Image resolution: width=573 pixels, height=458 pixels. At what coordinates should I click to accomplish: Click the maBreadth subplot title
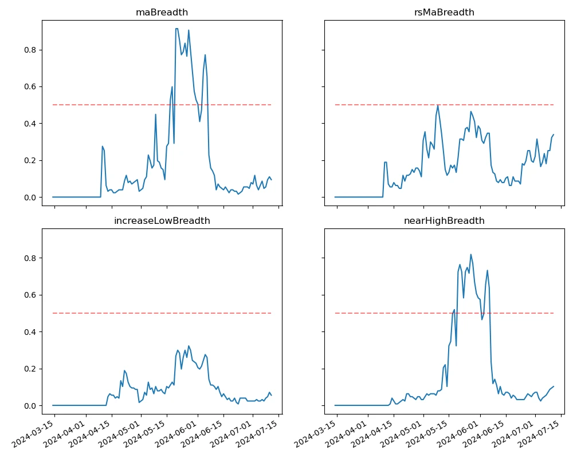tap(162, 12)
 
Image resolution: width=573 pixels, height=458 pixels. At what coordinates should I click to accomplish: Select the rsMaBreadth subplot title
tap(444, 12)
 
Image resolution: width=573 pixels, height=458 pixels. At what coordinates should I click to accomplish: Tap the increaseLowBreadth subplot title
tap(162, 220)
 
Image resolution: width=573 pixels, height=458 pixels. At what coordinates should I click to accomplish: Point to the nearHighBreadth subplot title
tap(444, 220)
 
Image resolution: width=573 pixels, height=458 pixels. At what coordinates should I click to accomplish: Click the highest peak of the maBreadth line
tap(176, 29)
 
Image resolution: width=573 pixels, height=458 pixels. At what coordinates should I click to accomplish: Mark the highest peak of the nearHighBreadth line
tap(471, 255)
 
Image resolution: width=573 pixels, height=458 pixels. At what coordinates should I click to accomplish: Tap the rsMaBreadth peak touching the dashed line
tap(438, 105)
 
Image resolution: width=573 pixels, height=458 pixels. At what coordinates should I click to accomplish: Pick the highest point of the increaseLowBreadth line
tap(189, 346)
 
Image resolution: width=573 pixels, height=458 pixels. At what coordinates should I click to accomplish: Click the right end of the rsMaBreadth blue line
tap(554, 135)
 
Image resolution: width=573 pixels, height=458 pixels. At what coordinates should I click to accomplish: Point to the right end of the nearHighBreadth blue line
tap(554, 386)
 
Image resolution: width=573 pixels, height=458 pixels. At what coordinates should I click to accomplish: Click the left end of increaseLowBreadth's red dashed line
tap(53, 313)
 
